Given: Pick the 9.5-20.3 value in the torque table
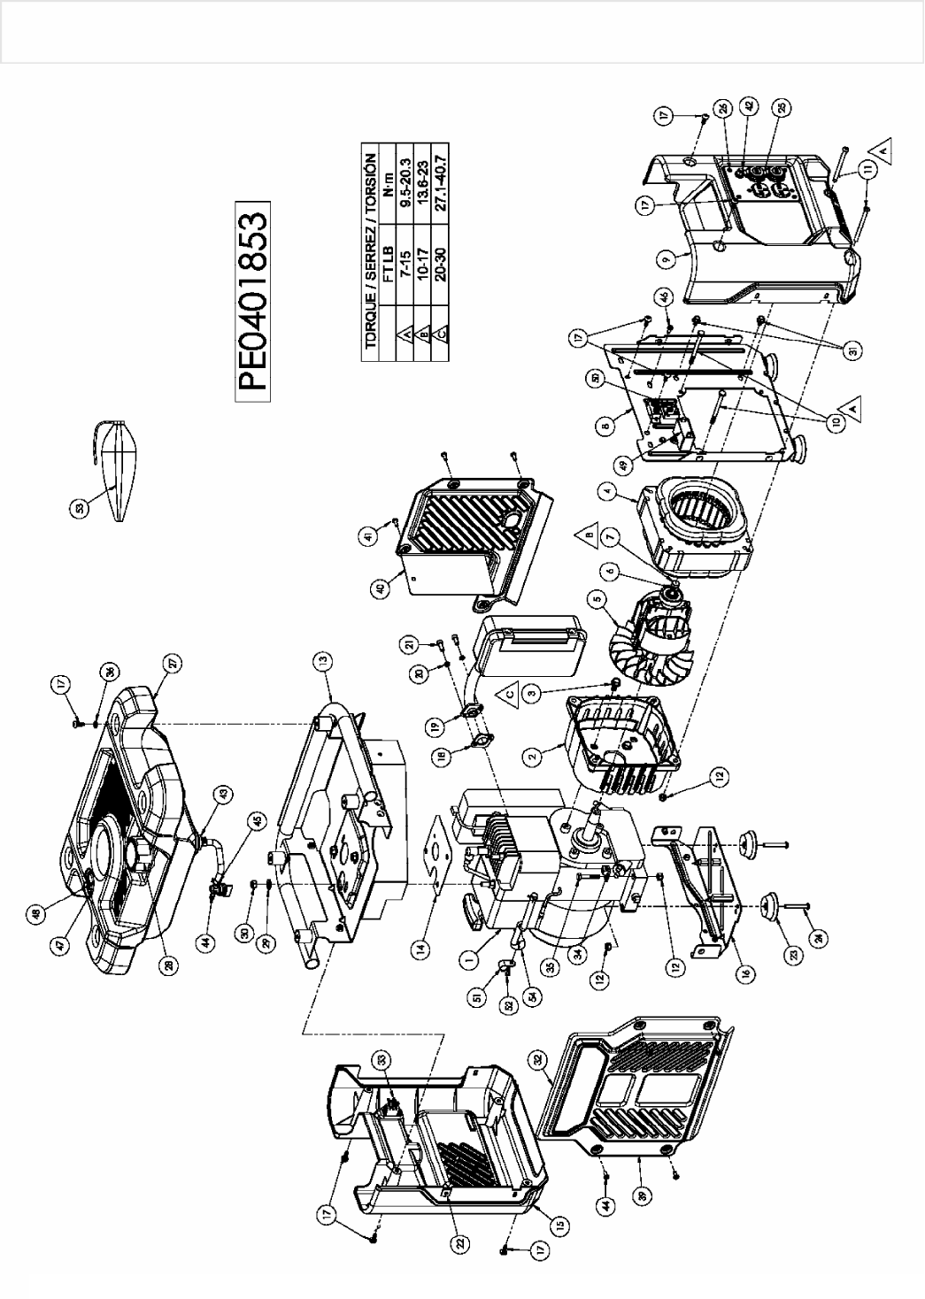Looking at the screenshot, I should point(405,182).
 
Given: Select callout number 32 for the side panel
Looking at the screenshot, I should point(536,1057).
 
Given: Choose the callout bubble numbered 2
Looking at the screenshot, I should point(533,757).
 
